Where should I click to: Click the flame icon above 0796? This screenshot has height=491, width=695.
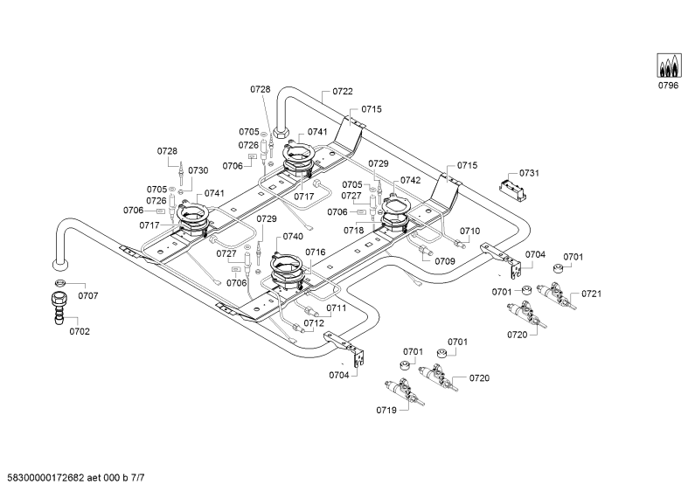pyautogui.click(x=668, y=66)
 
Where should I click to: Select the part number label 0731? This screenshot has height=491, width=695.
pyautogui.click(x=529, y=173)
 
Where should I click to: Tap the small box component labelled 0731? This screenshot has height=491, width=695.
pyautogui.click(x=513, y=190)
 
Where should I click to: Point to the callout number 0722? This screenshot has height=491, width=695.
pyautogui.click(x=343, y=91)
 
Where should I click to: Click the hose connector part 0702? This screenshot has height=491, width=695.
pyautogui.click(x=59, y=307)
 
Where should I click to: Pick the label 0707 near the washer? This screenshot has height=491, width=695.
pyautogui.click(x=88, y=295)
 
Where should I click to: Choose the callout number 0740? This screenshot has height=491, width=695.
pyautogui.click(x=293, y=236)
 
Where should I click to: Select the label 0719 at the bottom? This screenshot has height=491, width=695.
pyautogui.click(x=386, y=410)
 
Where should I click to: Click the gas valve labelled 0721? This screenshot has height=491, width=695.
pyautogui.click(x=556, y=296)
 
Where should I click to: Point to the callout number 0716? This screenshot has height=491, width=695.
pyautogui.click(x=315, y=252)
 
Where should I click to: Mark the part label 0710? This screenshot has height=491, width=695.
pyautogui.click(x=469, y=231)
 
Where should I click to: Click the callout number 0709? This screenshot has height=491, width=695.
pyautogui.click(x=445, y=261)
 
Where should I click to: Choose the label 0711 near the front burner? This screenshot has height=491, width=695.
pyautogui.click(x=337, y=308)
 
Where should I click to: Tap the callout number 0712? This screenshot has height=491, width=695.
pyautogui.click(x=314, y=323)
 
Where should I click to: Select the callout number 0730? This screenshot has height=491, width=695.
pyautogui.click(x=198, y=170)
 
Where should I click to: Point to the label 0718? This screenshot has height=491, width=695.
pyautogui.click(x=354, y=231)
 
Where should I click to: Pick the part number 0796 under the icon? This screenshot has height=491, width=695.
pyautogui.click(x=668, y=86)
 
